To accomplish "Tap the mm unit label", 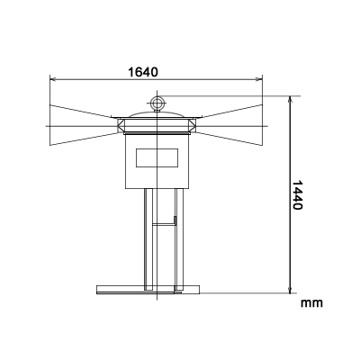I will tap(311, 303).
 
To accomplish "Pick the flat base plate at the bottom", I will tap(144, 290).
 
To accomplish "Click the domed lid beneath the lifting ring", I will tap(158, 115).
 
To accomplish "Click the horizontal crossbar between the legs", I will tap(163, 220).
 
